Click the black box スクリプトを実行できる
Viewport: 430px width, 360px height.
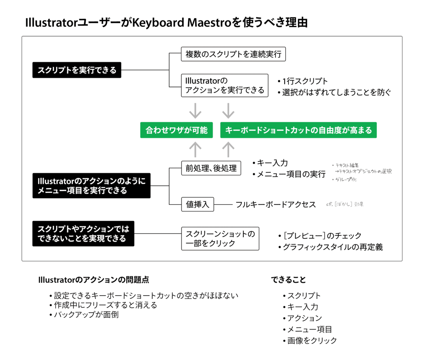click(x=77, y=70)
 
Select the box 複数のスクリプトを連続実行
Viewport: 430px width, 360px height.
click(x=233, y=55)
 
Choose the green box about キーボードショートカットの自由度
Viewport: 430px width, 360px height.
click(x=298, y=130)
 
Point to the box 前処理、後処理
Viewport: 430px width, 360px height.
click(x=211, y=168)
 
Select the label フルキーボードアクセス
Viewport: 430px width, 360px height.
click(x=276, y=205)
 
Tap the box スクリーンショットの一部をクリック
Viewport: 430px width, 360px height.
click(x=220, y=239)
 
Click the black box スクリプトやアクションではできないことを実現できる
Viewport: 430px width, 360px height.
click(x=83, y=234)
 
